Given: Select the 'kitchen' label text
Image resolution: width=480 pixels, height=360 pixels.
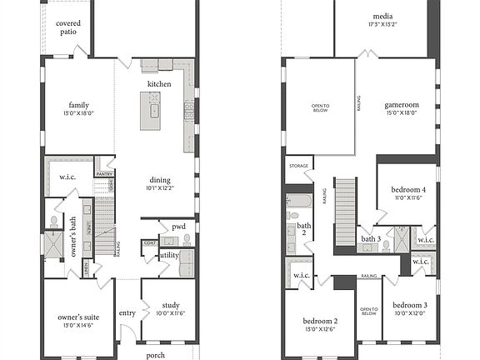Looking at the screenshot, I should click(159, 84).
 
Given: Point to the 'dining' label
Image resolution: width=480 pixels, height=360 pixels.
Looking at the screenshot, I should click(161, 179).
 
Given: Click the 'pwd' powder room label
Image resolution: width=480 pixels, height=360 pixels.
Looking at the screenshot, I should click(178, 227).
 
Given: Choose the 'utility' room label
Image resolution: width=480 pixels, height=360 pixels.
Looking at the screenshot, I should click(169, 256).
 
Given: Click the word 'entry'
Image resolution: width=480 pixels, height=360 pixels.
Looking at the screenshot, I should click(127, 312).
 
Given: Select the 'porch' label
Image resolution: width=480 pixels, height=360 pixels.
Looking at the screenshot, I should click(156, 354).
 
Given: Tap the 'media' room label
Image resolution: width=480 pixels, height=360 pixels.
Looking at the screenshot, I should click(382, 16).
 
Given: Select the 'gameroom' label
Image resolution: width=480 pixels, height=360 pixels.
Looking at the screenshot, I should click(402, 106).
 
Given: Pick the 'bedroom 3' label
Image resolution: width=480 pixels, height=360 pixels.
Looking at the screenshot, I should click(409, 305).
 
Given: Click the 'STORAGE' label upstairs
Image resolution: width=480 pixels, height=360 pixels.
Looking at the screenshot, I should click(299, 166).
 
